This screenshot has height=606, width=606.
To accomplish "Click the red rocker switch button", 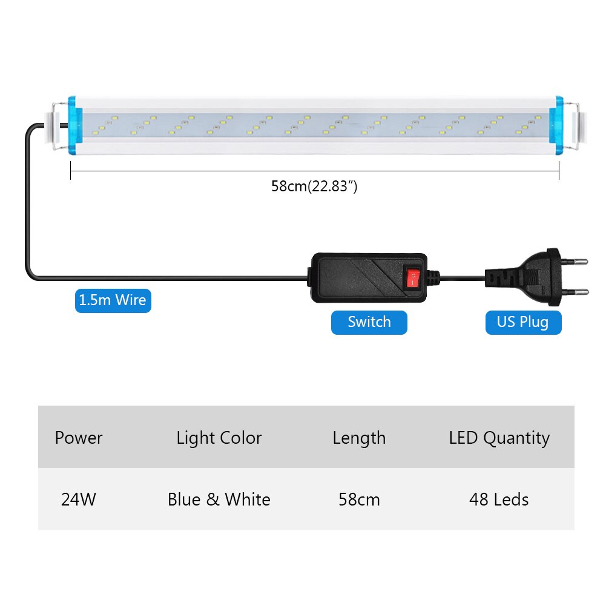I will pos(412,278).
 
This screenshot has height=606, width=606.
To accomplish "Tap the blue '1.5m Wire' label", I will pos(113,300).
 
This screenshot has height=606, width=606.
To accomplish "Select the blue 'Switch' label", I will pos(369,322).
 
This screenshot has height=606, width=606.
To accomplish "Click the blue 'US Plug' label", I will pos(523,322).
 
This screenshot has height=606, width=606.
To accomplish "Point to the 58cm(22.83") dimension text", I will pos(314,186).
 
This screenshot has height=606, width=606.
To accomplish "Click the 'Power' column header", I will pos(79,438).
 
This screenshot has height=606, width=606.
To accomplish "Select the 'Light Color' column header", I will pos(219,438).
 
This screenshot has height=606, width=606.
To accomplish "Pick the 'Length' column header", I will pos(359,438).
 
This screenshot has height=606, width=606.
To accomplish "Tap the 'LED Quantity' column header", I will pos(499,438).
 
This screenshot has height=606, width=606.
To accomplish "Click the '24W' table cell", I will pos(79,499).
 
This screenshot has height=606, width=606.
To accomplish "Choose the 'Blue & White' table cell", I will pos(219,499).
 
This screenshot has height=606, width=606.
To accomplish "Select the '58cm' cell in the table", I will pos(359,499).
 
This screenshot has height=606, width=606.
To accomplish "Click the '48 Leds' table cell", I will pos(499,499).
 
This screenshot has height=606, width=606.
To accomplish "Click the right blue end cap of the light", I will pos(556,124).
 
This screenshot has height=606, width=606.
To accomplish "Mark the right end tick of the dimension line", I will pos(558,174).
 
